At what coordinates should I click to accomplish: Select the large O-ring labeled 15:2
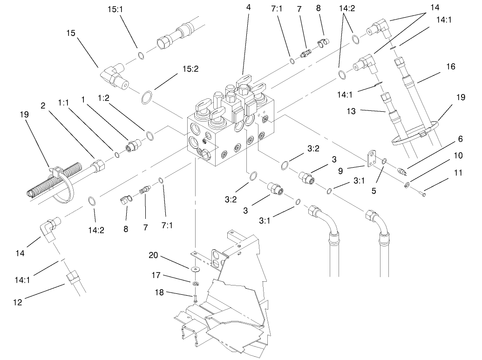[x=147, y=99]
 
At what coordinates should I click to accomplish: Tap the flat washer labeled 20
[x=193, y=269]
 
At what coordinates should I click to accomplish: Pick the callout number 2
[x=42, y=106]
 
